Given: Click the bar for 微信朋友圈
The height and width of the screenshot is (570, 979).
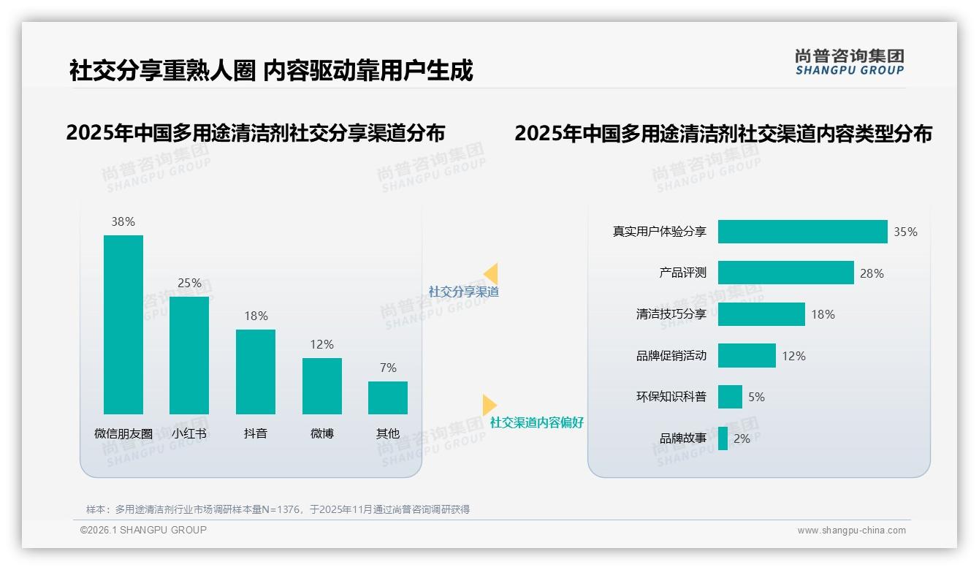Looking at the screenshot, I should [x=123, y=324].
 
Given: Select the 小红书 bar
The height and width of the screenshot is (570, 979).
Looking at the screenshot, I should [x=189, y=355].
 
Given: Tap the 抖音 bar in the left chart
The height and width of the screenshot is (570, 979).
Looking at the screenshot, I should [x=256, y=371].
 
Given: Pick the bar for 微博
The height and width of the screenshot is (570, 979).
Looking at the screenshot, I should [x=321, y=386].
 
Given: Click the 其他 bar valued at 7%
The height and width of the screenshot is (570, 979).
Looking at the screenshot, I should [x=388, y=398].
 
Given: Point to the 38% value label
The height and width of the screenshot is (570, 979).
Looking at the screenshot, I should [x=123, y=221].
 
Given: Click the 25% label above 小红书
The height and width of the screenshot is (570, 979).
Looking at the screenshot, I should [x=189, y=283].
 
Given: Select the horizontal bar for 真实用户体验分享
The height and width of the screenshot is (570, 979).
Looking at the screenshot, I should [x=802, y=232].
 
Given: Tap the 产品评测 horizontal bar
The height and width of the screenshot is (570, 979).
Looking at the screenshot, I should [x=785, y=273].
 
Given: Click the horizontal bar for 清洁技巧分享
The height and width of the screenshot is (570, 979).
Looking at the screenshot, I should [x=761, y=314].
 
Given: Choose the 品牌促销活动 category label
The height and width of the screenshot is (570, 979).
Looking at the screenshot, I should [x=671, y=356].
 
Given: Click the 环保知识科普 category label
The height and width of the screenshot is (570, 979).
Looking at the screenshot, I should [x=671, y=397].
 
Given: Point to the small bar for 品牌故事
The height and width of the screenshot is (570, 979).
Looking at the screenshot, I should [x=723, y=438].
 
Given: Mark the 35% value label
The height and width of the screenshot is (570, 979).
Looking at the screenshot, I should [x=905, y=232].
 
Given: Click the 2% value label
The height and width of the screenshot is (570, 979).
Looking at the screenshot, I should [x=742, y=438].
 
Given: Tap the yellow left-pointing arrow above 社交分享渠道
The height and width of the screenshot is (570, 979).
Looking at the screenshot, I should [x=490, y=274].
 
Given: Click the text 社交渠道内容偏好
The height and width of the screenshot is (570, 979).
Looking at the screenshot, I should [x=536, y=422].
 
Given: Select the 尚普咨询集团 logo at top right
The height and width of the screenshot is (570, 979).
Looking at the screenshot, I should [x=849, y=62].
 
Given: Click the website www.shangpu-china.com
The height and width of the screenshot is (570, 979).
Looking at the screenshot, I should [x=851, y=531].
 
